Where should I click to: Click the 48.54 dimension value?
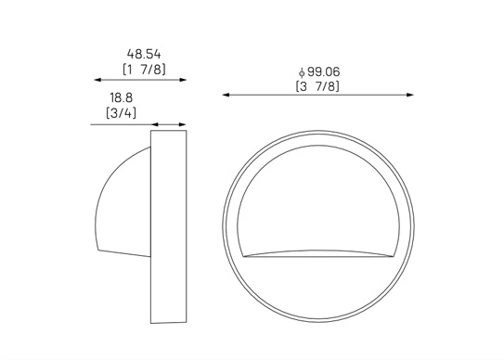pyautogui.click(x=144, y=54)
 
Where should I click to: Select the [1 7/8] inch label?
pyautogui.click(x=144, y=70)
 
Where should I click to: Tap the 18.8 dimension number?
pyautogui.click(x=122, y=97)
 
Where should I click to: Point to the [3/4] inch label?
pyautogui.click(x=122, y=113)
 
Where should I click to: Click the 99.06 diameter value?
pyautogui.click(x=323, y=71)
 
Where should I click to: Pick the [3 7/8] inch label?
pyautogui.click(x=317, y=86)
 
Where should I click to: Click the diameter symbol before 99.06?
pyautogui.click(x=302, y=72)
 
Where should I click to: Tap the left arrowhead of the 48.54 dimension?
pyautogui.click(x=97, y=80)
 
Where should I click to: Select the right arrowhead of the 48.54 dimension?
pyautogui.click(x=183, y=80)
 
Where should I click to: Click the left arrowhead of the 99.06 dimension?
pyautogui.click(x=226, y=95)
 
